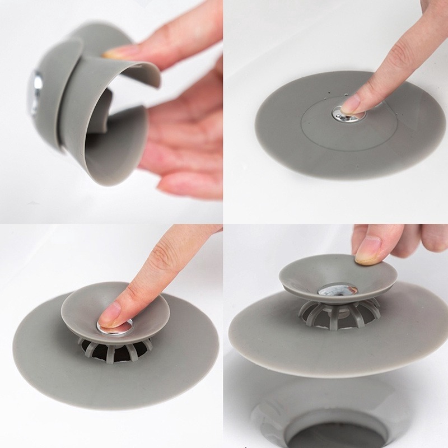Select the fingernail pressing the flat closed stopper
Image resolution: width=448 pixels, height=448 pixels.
pyautogui.click(x=351, y=104)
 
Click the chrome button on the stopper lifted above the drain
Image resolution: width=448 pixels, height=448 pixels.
pyautogui.click(x=338, y=290)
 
